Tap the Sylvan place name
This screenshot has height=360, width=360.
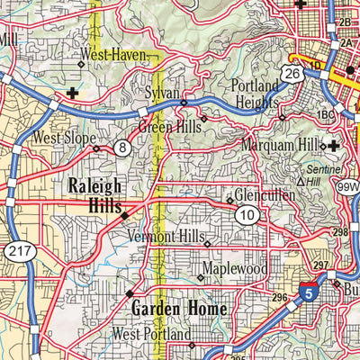pyautogui.click(x=162, y=94)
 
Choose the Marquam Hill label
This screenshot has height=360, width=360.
pyautogui.click(x=281, y=144)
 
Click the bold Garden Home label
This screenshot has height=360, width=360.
pyautogui.click(x=179, y=307)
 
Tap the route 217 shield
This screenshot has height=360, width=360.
pyautogui.click(x=19, y=251)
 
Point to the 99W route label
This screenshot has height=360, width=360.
pyautogui.click(x=346, y=185)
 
